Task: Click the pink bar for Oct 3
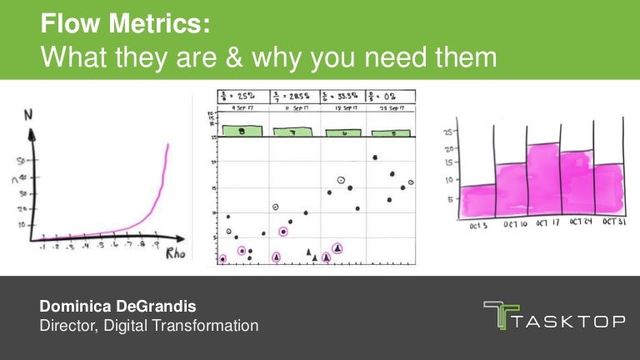point(477,201)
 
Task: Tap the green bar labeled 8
point(242,131)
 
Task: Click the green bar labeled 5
point(392,132)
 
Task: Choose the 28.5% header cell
point(294,97)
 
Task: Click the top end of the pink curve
point(167,145)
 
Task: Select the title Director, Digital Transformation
point(149,326)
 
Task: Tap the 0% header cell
point(391,97)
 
